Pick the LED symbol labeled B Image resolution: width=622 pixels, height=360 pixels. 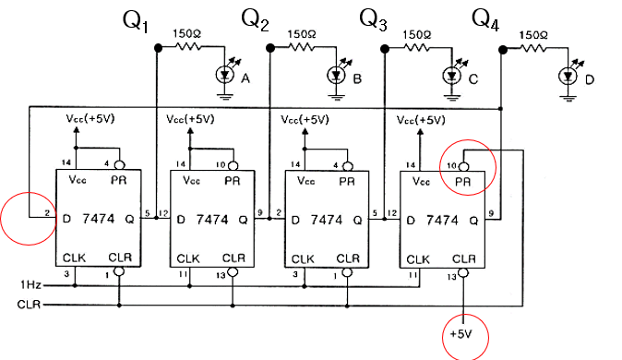[338, 77]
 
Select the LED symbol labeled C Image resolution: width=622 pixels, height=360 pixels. [452, 77]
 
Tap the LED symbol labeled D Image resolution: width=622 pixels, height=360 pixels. [568, 77]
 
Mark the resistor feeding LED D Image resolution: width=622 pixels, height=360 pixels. [532, 48]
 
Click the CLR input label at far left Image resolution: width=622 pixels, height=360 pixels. [28, 304]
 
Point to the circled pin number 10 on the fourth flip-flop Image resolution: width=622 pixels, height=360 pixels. [452, 165]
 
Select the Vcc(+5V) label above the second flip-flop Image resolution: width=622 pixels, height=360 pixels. [190, 120]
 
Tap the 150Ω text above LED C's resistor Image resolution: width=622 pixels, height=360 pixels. [417, 33]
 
